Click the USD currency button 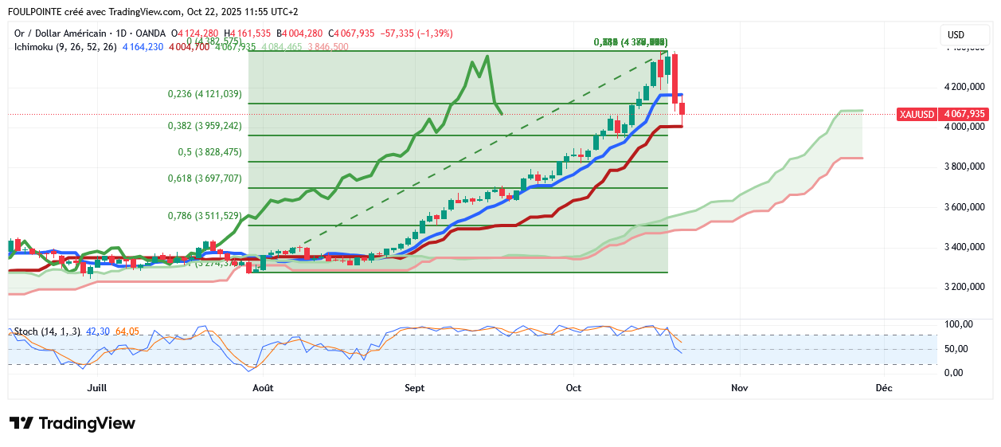955,34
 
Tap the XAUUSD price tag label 916,114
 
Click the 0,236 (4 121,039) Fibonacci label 205,94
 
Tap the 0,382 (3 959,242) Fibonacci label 205,126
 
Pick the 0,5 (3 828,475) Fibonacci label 209,152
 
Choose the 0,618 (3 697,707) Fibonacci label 205,178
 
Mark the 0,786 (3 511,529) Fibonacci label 205,216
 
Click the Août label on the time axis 263,388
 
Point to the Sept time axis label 414,388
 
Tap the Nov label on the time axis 740,388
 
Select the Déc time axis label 883,388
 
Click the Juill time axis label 96,388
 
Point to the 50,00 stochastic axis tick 957,349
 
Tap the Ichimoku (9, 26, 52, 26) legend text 66,47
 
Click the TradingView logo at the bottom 72,423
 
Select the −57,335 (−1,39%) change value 417,33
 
